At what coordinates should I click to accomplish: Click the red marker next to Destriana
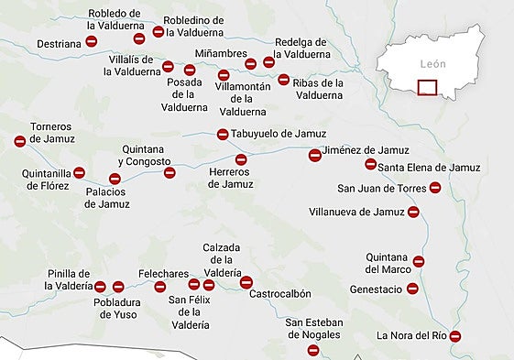[x=92, y=42]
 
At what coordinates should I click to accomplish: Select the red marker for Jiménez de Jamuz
[x=315, y=155]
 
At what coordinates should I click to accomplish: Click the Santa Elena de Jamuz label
[x=429, y=167]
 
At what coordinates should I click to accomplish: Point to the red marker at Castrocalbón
[x=246, y=282]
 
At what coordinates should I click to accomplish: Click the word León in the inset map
[x=432, y=65]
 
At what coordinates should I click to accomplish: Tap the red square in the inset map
[x=427, y=88]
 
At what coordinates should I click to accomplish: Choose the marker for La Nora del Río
[x=455, y=336]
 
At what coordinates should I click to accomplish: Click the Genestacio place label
[x=376, y=289]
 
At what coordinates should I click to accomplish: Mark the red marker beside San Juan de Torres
[x=435, y=188]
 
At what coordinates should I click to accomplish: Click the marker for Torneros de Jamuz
[x=20, y=141]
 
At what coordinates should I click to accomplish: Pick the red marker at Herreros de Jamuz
[x=241, y=159]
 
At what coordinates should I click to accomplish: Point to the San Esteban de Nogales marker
[x=313, y=350]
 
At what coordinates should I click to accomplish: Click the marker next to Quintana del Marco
[x=419, y=261]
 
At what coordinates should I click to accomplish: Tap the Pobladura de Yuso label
[x=121, y=309]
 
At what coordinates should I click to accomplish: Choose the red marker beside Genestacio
[x=412, y=289]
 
